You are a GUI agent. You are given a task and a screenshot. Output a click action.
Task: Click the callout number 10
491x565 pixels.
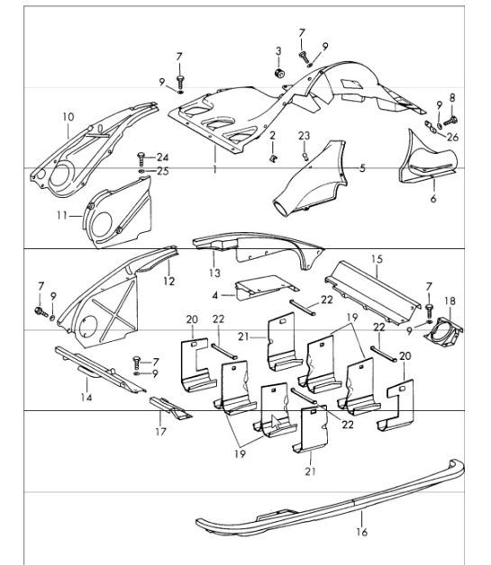coord(68,116)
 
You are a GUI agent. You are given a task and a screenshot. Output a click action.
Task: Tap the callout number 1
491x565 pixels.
coord(214,168)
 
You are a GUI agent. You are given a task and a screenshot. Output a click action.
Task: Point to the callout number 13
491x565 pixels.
coord(214,273)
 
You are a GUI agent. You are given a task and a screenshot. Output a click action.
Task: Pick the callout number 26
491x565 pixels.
coord(452,138)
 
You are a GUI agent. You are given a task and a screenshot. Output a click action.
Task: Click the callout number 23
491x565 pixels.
coord(305,136)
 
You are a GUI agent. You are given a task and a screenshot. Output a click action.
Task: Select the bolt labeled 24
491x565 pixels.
coord(143,157)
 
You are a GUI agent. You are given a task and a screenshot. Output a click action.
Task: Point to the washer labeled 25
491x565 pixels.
coord(142,170)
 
